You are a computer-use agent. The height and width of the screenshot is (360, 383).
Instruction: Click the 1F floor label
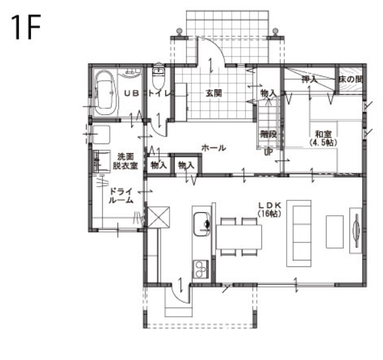26,27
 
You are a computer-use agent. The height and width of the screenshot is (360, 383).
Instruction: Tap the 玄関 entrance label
213,93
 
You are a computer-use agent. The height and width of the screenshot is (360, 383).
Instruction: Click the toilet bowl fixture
159,78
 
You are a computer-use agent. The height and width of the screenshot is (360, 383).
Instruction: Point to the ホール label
213,147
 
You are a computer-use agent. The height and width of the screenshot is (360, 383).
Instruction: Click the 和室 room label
323,134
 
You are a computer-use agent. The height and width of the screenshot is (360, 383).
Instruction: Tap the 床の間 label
351,79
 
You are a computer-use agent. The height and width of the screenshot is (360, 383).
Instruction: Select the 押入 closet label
310,79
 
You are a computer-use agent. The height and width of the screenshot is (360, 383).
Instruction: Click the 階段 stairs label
268,134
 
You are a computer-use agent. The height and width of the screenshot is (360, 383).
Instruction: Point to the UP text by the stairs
268,153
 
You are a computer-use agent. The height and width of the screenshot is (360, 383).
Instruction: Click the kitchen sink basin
202,224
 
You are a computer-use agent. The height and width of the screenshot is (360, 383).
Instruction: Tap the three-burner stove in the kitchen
201,269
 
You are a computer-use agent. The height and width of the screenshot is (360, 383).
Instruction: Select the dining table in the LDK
239,237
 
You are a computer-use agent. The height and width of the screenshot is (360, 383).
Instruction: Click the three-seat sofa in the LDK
299,233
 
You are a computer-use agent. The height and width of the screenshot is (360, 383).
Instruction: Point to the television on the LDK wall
356,231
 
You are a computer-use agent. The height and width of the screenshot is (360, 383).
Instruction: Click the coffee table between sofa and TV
335,231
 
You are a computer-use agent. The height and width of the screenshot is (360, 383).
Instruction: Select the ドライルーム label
121,195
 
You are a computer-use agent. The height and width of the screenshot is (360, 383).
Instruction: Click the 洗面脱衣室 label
125,161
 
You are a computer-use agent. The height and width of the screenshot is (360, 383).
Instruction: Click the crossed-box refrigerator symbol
159,217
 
